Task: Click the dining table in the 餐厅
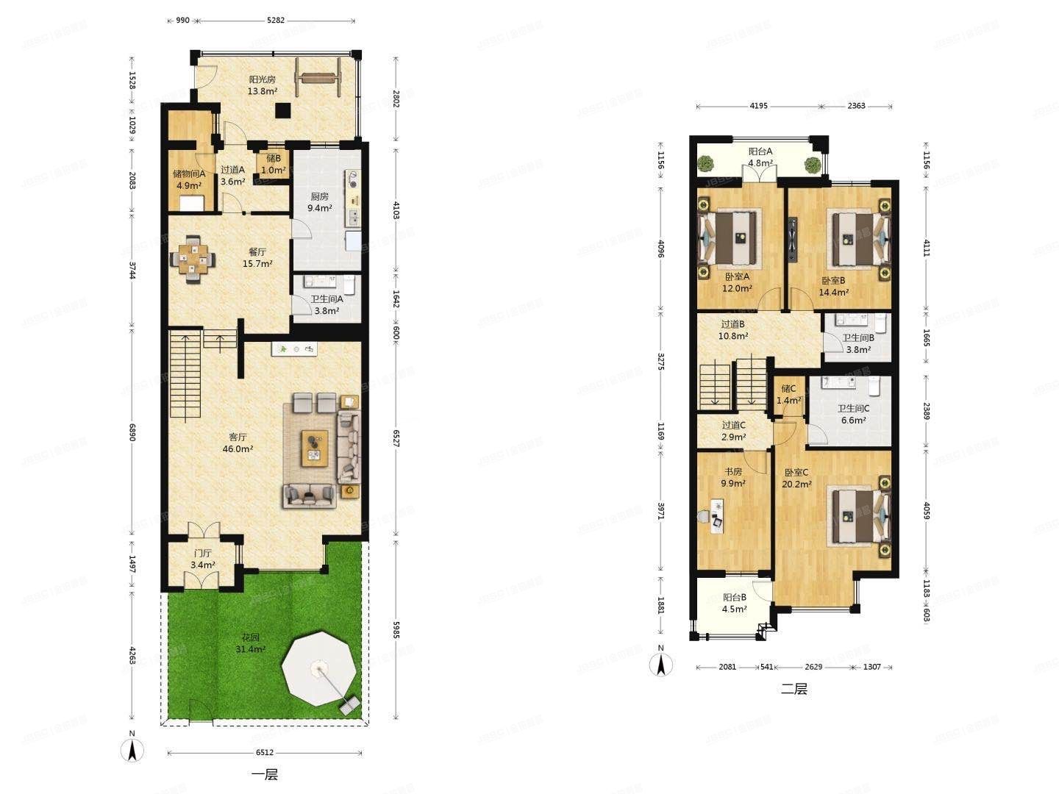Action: [x=193, y=259]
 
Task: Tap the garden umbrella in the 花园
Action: [x=319, y=668]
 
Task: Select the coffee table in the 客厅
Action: [x=315, y=448]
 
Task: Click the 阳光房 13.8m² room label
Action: [x=263, y=85]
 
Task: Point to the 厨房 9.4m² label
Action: [x=319, y=202]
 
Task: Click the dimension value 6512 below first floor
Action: [x=265, y=752]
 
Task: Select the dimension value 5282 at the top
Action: [x=276, y=21]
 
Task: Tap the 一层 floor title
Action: [x=265, y=775]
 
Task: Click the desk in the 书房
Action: [x=718, y=516]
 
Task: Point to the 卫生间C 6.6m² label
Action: [x=854, y=414]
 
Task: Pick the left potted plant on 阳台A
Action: [x=706, y=163]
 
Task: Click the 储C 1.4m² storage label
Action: [x=788, y=394]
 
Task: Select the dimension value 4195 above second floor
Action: [x=758, y=106]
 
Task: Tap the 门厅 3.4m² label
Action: [x=203, y=559]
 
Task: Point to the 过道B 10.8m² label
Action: [x=733, y=330]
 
